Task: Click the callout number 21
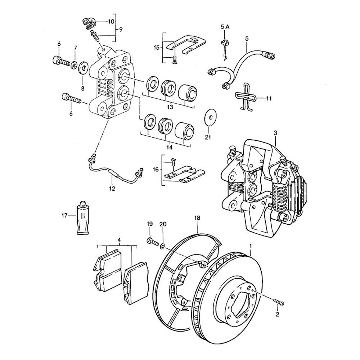(207, 137)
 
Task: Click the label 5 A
(225, 27)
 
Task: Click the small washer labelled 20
(162, 246)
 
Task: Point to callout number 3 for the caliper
(275, 133)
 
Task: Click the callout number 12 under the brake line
(112, 188)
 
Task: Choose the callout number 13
(170, 107)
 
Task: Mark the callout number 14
(170, 147)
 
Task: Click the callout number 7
(75, 48)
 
